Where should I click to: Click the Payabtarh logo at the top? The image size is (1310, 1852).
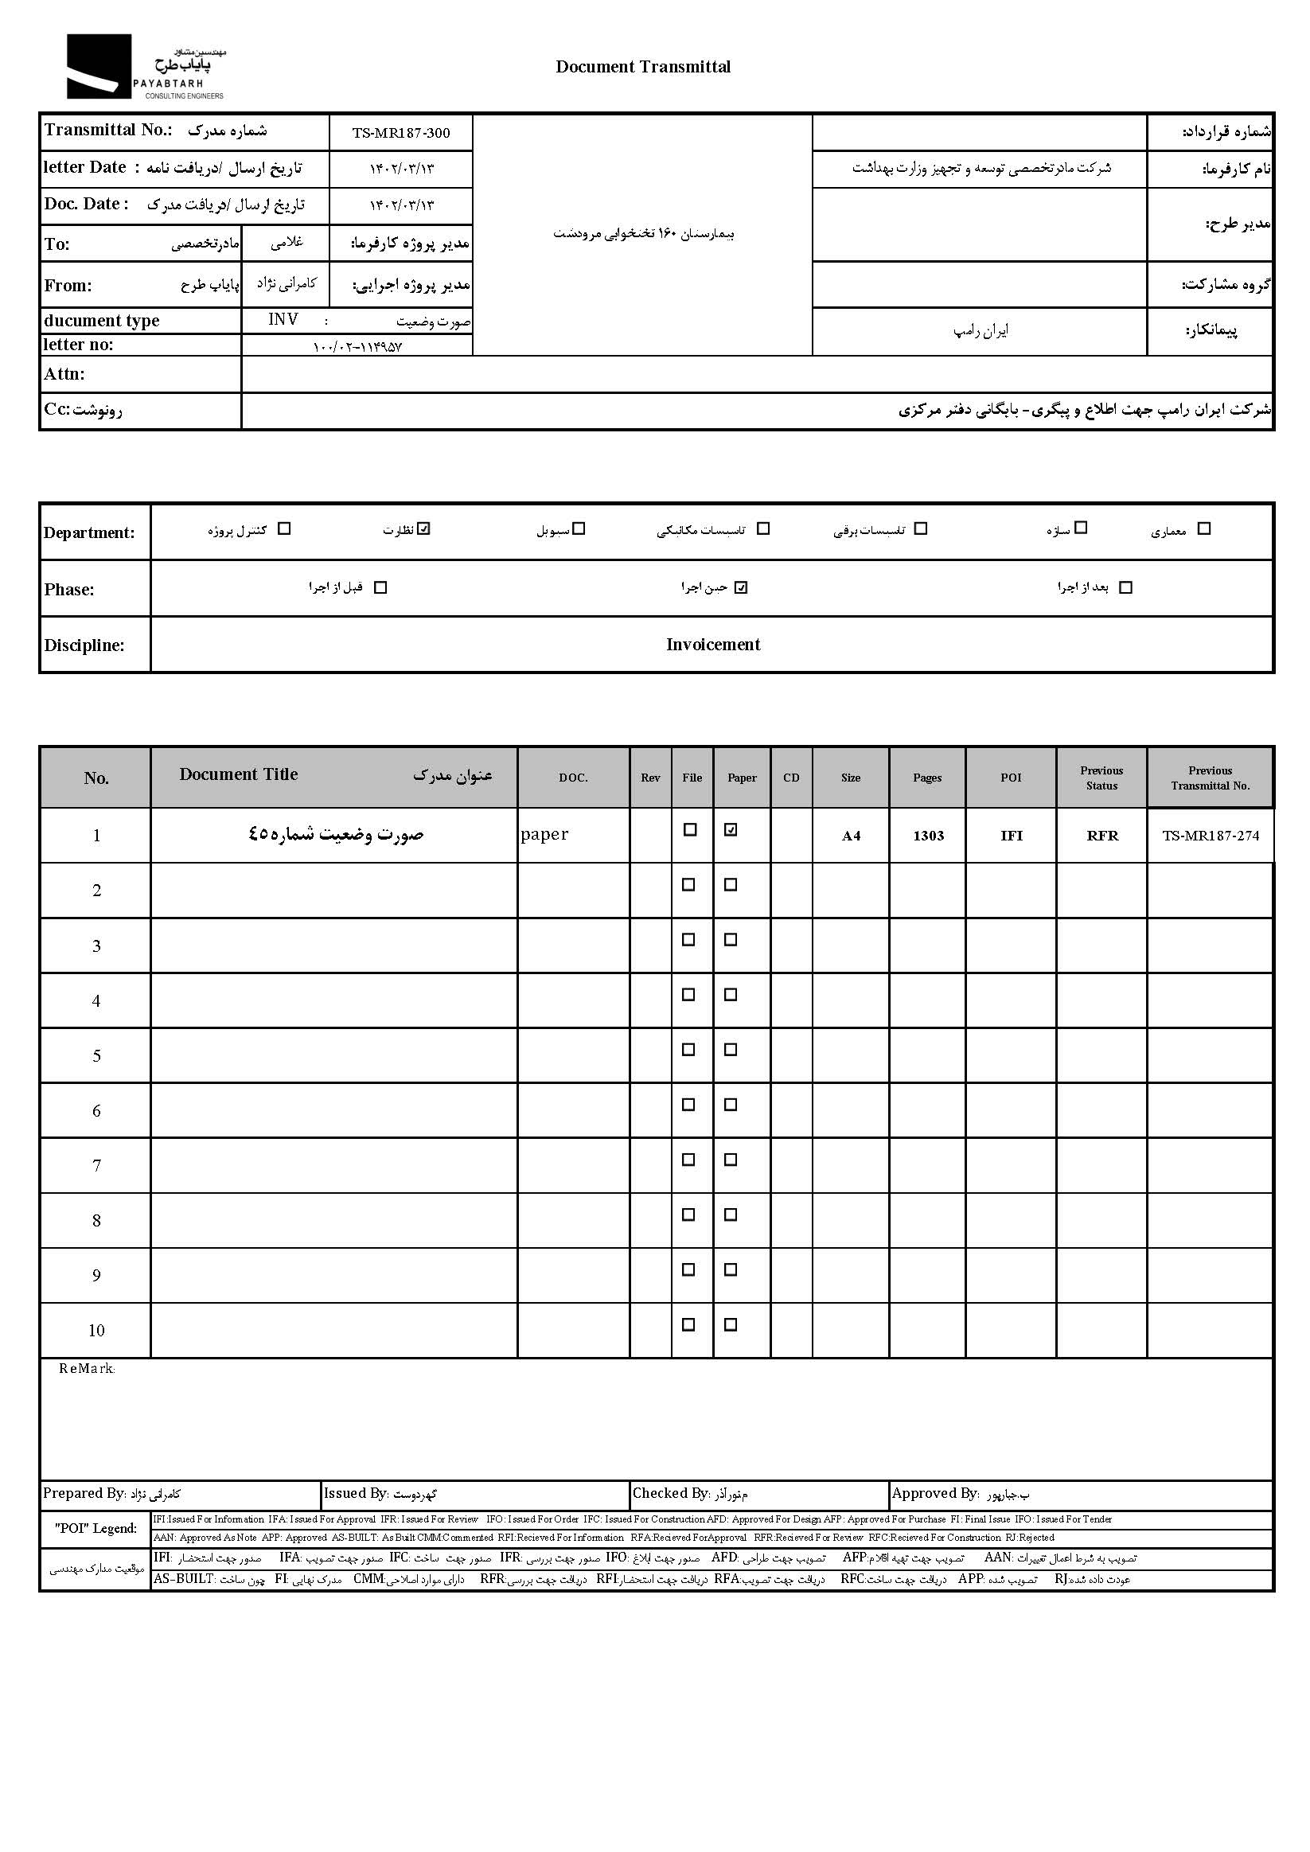coord(145,66)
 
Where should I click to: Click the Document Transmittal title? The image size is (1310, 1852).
coord(643,67)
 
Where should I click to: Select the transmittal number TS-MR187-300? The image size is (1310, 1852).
coord(401,133)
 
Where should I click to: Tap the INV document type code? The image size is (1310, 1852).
coord(283,320)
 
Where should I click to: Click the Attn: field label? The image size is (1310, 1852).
coord(64,374)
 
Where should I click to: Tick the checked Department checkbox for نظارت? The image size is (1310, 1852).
coord(425,529)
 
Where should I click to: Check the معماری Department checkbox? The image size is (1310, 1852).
coord(1203,529)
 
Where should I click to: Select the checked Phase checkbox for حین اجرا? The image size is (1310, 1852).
coord(741,587)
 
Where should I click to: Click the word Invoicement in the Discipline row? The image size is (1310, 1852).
coord(712,645)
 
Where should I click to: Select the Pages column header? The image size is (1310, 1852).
coord(927,778)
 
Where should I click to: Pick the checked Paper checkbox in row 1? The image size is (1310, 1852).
coord(731,830)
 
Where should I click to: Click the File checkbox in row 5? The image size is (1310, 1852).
coord(689,1051)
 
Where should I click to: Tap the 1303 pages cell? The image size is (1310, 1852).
coord(928,836)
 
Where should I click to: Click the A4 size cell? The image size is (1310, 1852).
coord(851,836)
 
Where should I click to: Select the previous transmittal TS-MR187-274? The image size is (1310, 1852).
coord(1210,836)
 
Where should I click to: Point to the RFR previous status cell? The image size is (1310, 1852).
coord(1102,836)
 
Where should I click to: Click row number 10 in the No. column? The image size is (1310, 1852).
coord(96,1331)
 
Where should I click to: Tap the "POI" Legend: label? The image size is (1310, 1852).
coord(96,1529)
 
